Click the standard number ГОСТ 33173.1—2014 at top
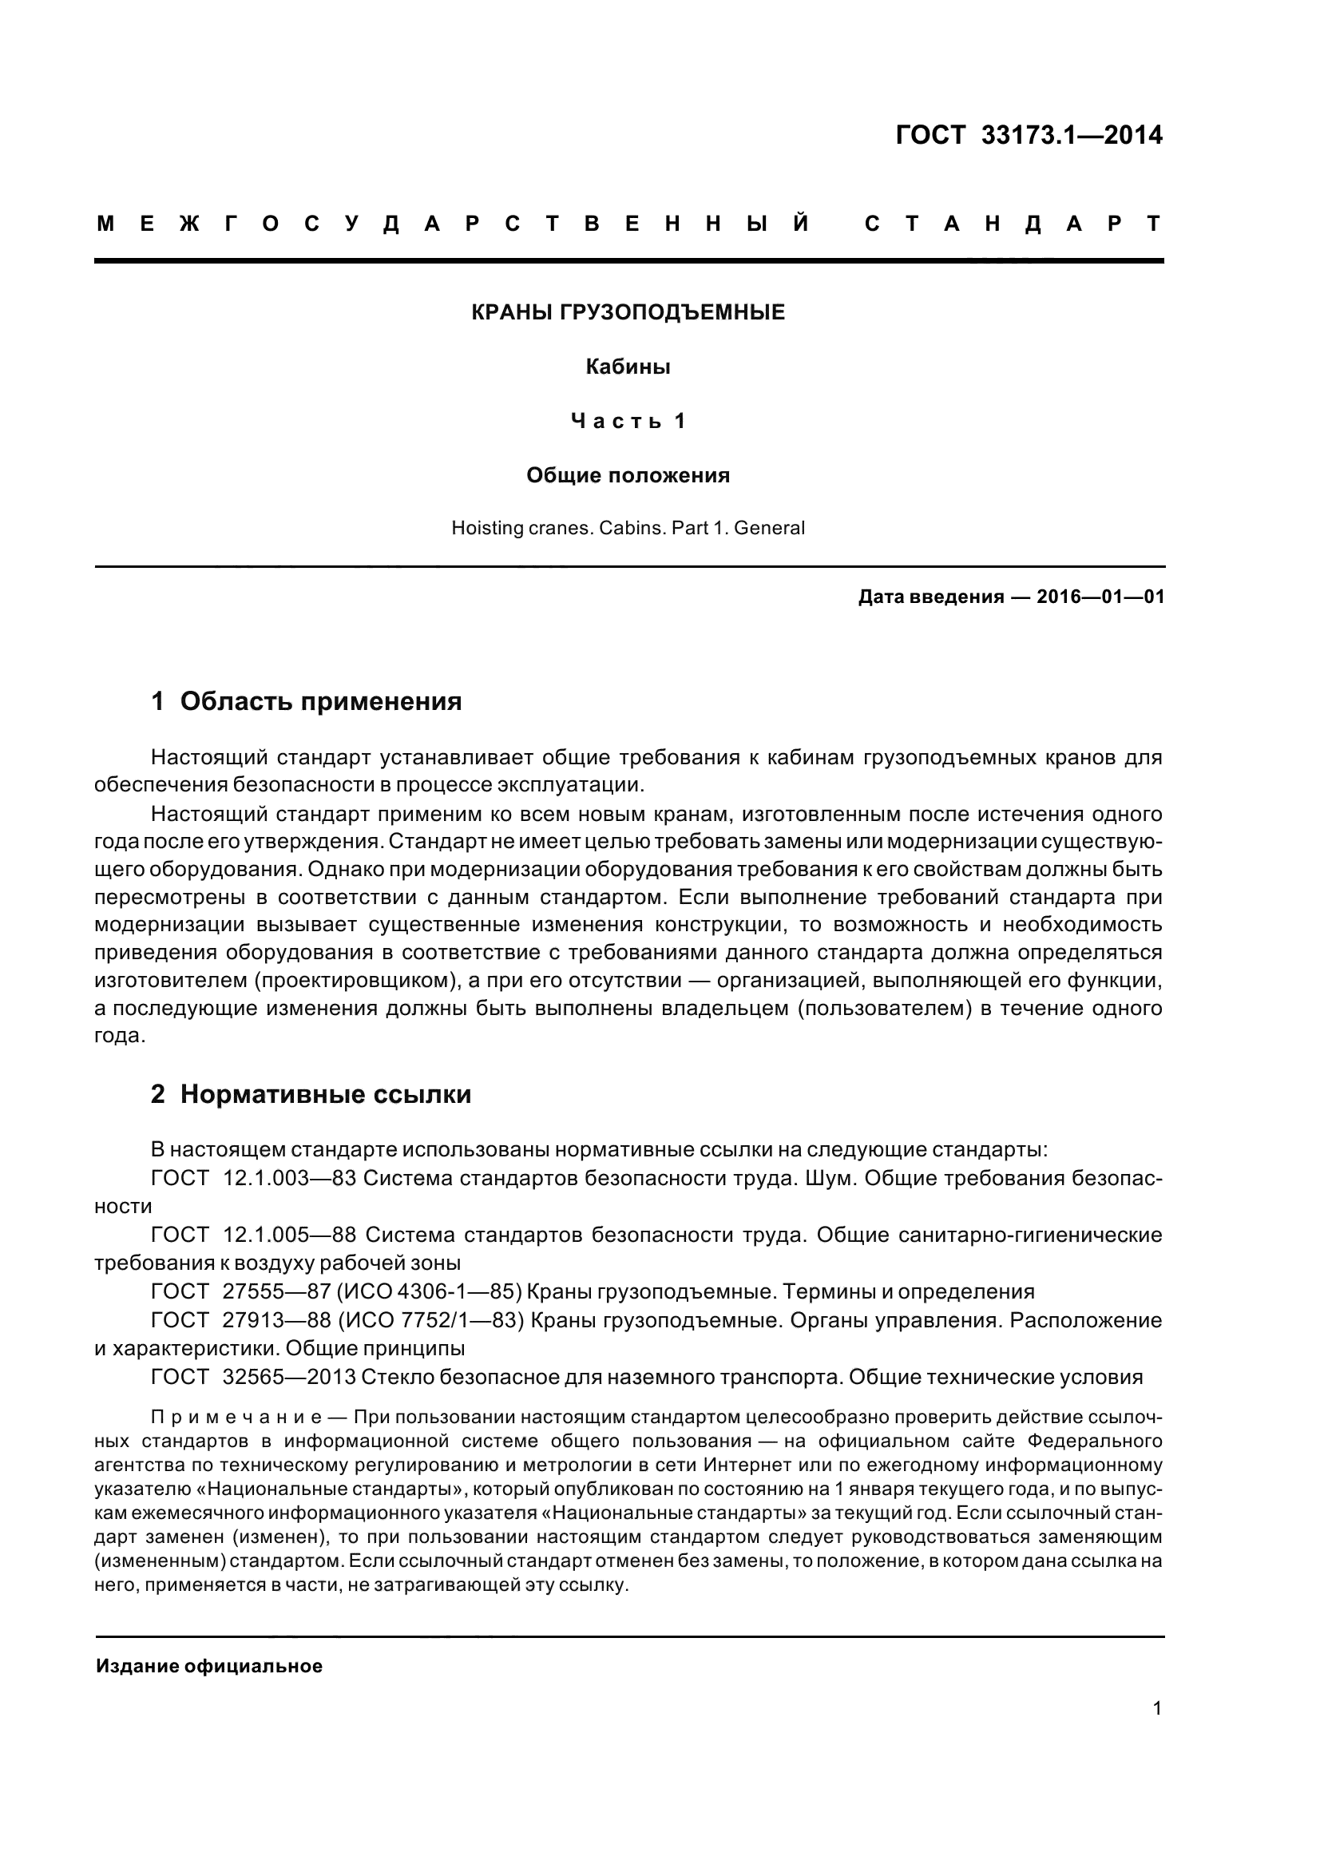(x=1028, y=135)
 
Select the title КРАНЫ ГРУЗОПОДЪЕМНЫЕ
(x=628, y=312)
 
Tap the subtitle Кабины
(x=628, y=367)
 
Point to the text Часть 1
(x=628, y=421)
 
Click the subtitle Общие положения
(x=628, y=475)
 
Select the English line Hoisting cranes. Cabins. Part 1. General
(x=628, y=528)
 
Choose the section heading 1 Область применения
(x=306, y=700)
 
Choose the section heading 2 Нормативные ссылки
(x=311, y=1094)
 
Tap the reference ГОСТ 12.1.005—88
(x=254, y=1234)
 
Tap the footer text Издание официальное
(x=209, y=1665)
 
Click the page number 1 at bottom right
(x=1156, y=1707)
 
